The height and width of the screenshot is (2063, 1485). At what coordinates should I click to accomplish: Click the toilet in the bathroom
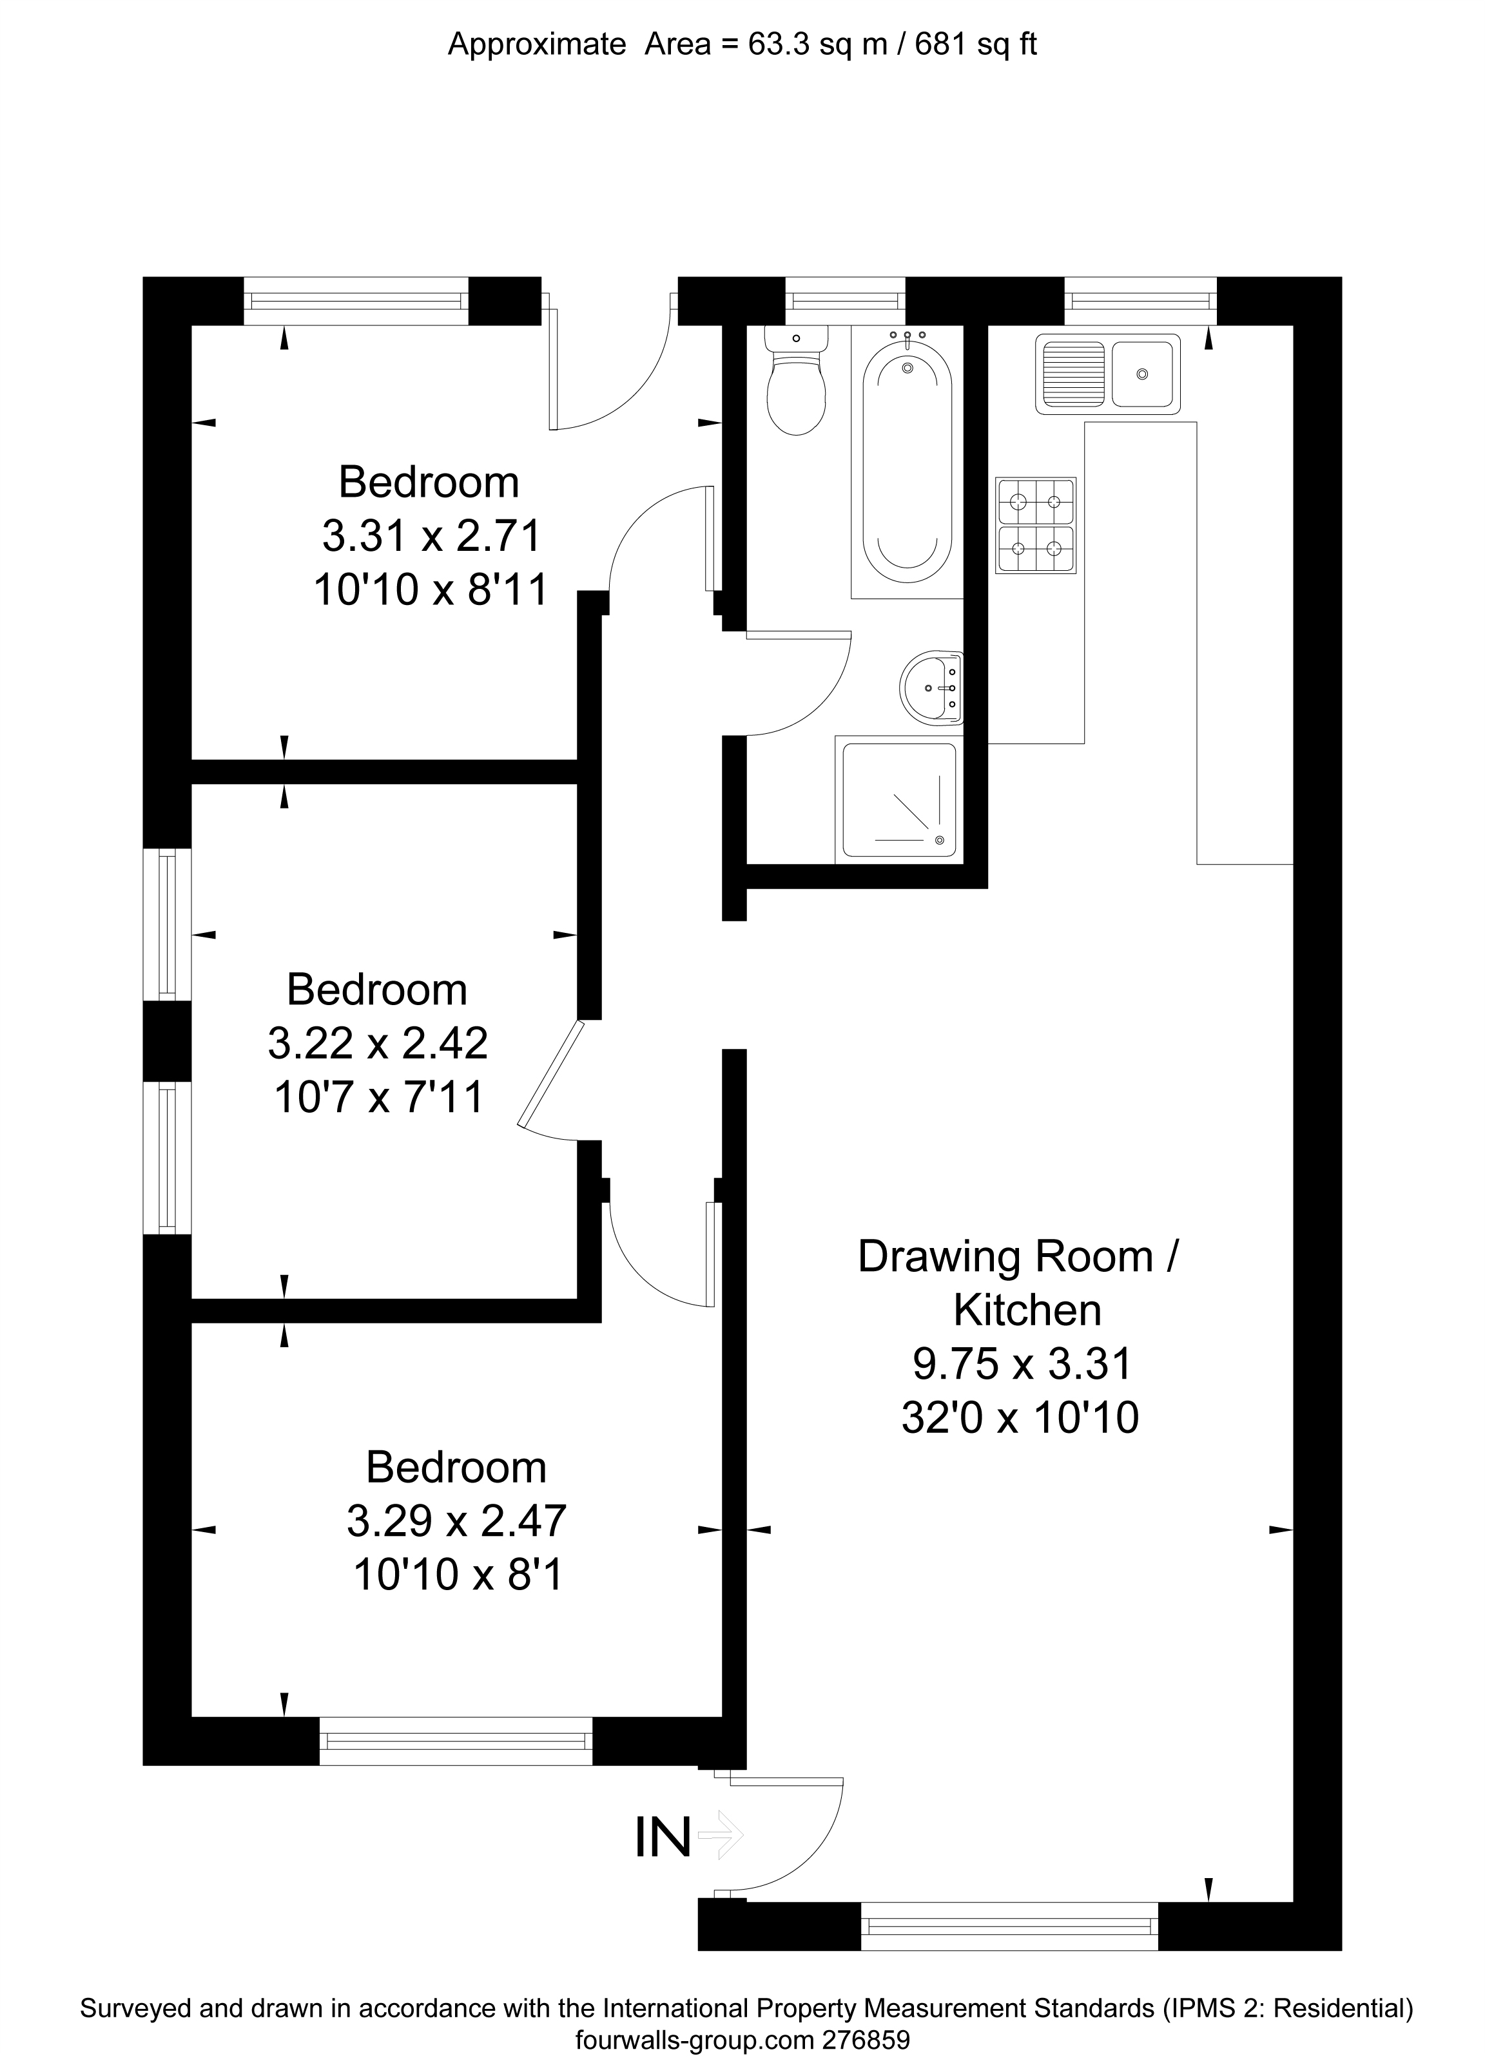[796, 387]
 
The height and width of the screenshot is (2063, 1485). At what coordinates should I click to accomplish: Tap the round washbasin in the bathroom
[930, 687]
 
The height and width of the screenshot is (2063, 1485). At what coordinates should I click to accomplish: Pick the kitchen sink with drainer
[1107, 373]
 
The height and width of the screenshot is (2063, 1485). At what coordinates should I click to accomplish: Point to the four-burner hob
[1036, 526]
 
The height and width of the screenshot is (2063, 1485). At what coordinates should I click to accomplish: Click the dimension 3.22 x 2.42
[378, 1043]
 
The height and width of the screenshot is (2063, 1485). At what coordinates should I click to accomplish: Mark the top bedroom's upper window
[356, 300]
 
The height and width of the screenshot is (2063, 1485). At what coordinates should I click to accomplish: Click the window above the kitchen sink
[1140, 300]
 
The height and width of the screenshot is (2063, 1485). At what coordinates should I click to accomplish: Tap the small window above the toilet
[844, 300]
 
